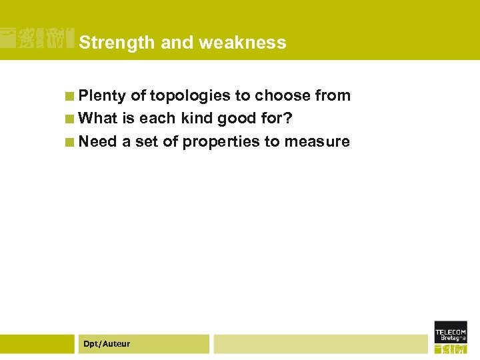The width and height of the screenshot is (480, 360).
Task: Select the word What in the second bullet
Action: click(98, 119)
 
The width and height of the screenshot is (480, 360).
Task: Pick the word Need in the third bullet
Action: click(97, 141)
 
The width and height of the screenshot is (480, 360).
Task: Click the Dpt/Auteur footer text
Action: click(107, 344)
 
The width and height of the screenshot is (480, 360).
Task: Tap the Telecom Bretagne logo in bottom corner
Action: click(451, 337)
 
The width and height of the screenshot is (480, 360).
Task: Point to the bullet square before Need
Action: click(69, 142)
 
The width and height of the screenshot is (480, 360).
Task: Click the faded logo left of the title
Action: click(37, 39)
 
